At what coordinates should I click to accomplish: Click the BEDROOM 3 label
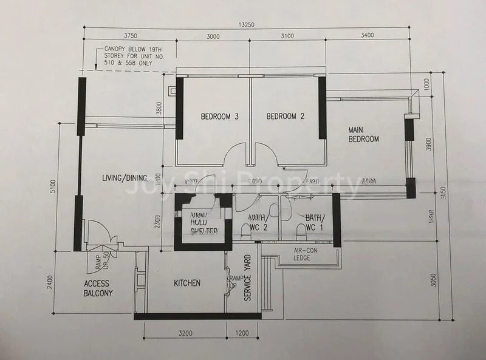coord(219,117)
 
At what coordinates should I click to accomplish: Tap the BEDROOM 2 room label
coord(285,117)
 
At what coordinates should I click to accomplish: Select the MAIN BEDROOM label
coord(363,134)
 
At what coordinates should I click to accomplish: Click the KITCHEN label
coord(187,283)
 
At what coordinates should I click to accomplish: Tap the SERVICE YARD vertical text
coord(248,279)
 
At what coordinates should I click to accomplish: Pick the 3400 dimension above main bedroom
coord(368,36)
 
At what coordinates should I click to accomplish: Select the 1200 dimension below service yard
coord(242,333)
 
